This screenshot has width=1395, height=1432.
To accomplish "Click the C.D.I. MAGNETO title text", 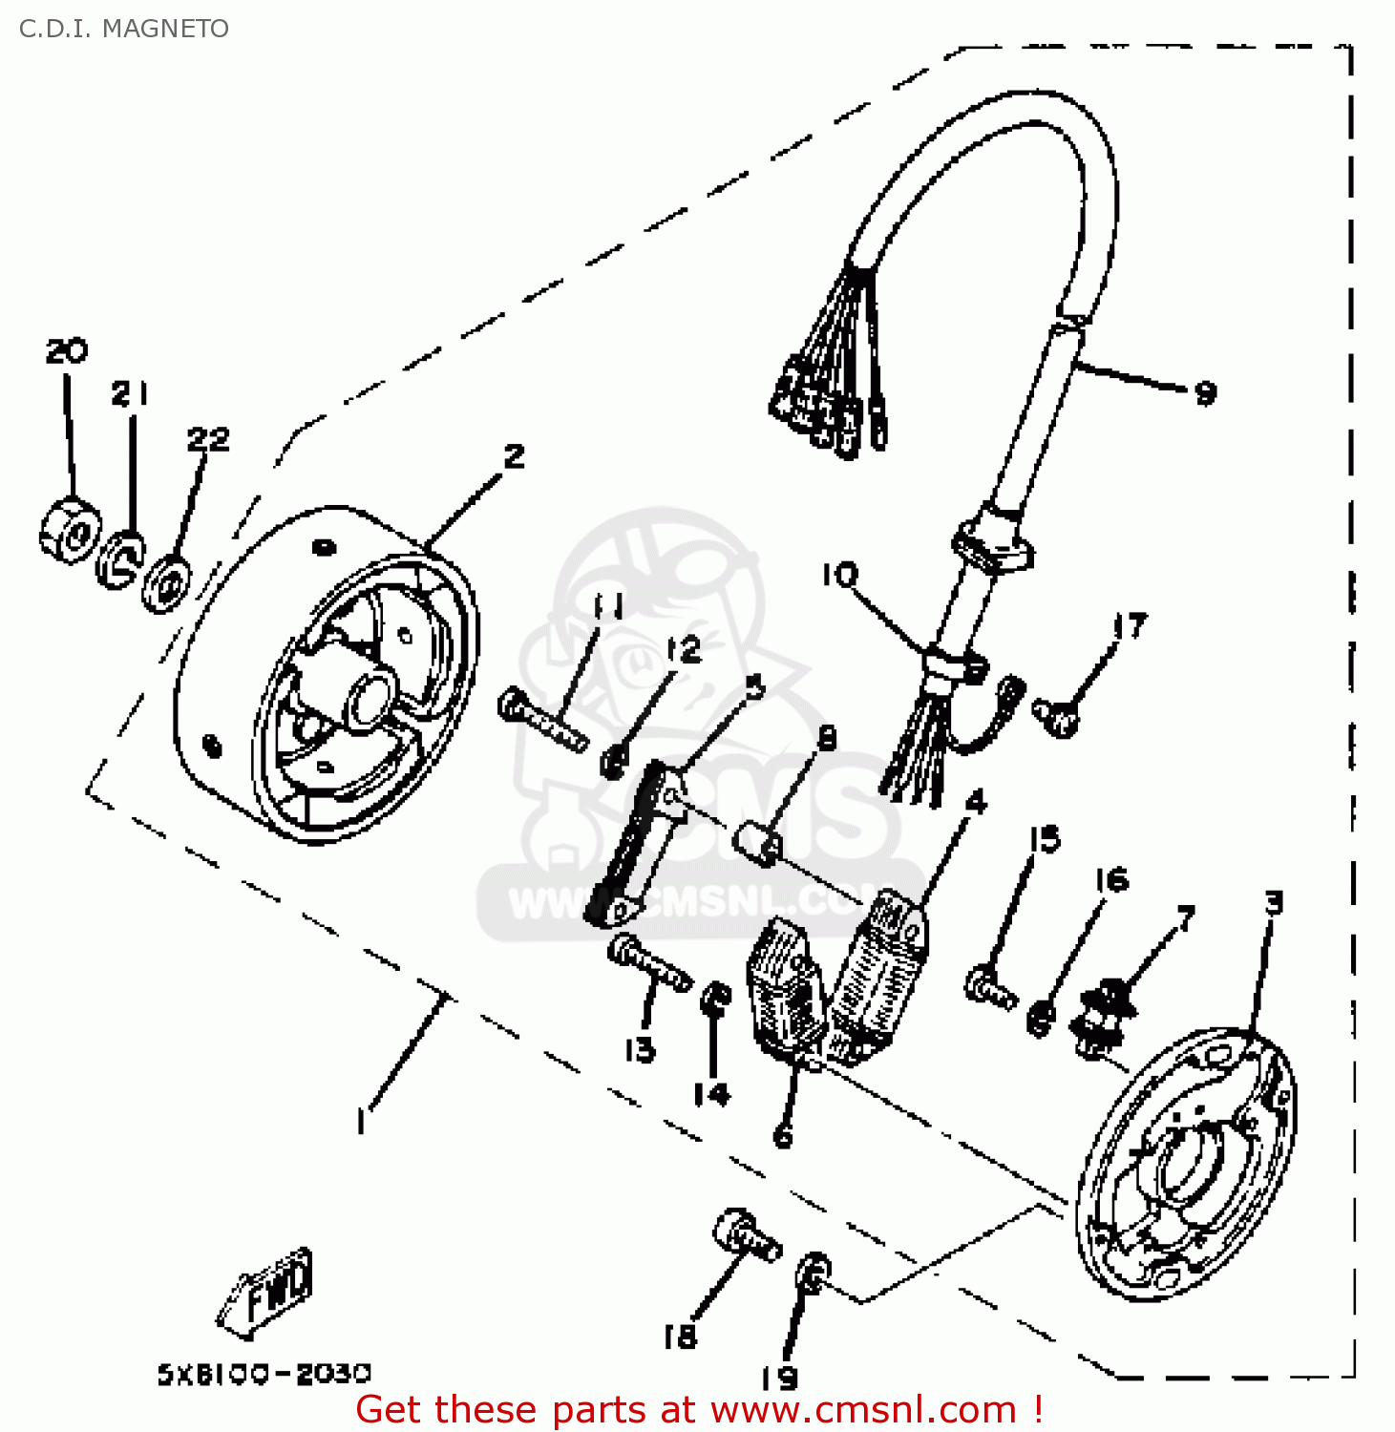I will coord(123,29).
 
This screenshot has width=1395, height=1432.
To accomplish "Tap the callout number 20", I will coord(66,350).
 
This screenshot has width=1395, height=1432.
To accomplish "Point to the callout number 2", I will coord(514,455).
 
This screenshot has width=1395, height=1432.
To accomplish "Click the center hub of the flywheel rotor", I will coord(370,698).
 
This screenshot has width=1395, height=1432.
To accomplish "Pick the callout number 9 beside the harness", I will coord(1205,391).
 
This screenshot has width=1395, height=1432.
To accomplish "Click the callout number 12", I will coord(683,650).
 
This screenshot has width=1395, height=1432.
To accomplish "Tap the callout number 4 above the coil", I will coord(975,801).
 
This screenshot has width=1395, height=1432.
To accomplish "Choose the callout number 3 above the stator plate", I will coord(1273,902).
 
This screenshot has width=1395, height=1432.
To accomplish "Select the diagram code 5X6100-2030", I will coord(264,1373).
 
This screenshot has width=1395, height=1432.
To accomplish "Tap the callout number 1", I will coord(360,1120).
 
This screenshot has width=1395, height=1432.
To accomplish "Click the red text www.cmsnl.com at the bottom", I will coord(863,1409).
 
